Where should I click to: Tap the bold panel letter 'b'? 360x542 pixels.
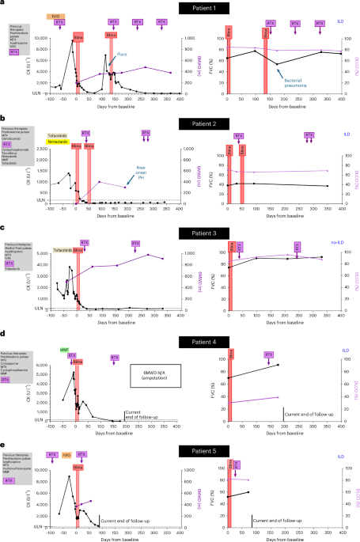pos(4,118)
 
